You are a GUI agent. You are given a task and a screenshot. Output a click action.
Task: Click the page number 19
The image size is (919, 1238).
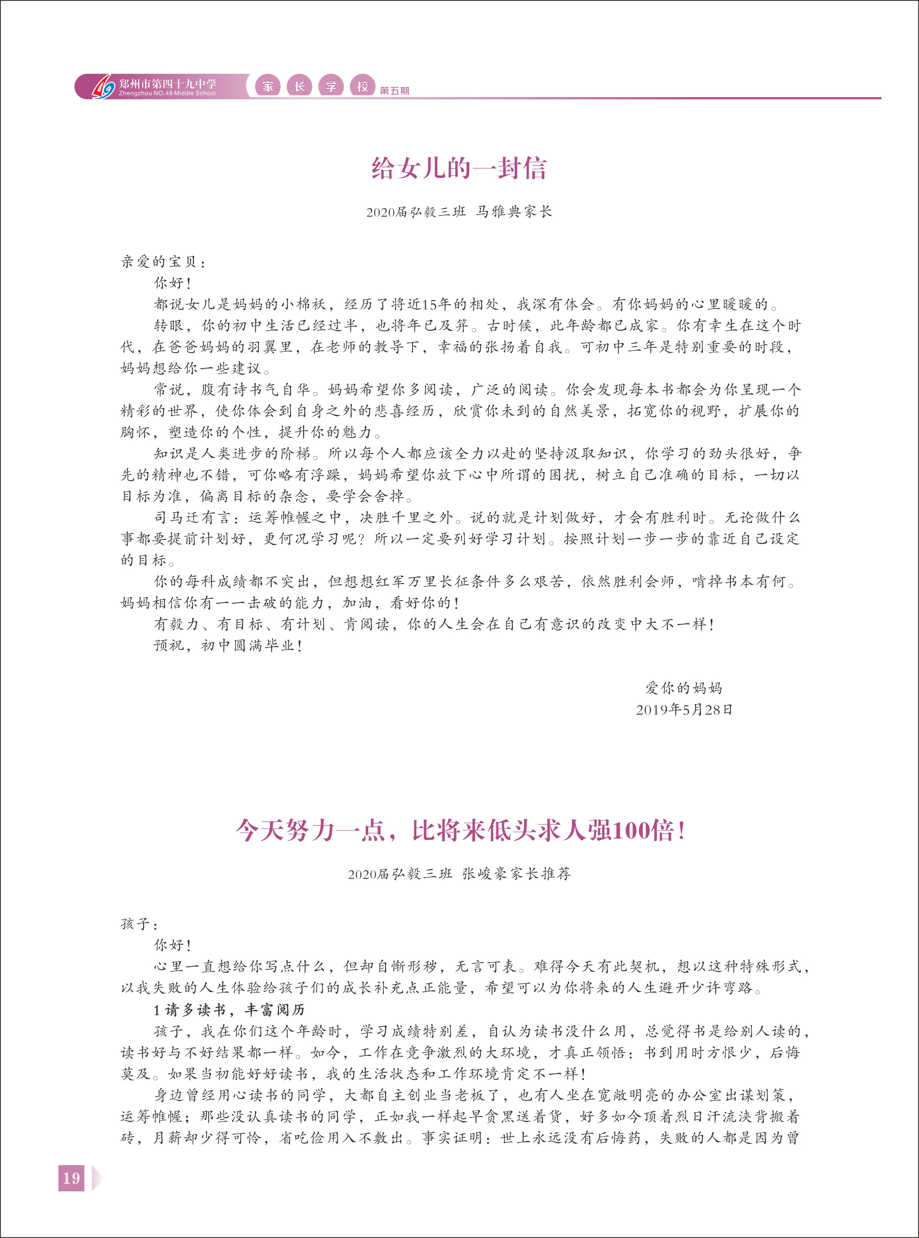point(71,1178)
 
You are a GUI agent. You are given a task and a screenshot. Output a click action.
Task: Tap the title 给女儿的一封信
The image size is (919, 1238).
point(459,168)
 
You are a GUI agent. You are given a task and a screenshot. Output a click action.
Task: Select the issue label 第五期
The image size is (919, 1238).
point(395,91)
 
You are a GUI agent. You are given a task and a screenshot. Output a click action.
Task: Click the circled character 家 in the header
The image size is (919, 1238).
point(268,86)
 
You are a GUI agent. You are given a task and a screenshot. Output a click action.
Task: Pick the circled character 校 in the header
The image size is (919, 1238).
point(363,86)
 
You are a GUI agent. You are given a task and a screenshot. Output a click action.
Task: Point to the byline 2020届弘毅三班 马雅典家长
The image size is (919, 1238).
point(459,212)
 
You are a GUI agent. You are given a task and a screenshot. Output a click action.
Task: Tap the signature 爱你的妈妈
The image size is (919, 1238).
point(683,688)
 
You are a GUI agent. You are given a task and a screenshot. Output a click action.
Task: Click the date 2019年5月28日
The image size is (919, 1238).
point(684,710)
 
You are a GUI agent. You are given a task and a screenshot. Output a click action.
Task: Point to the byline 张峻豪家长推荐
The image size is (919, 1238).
point(516,874)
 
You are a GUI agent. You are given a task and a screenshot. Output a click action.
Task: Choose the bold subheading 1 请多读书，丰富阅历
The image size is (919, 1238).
point(229,1010)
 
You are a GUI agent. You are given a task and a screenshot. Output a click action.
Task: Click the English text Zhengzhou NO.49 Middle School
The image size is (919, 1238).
point(167,94)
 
